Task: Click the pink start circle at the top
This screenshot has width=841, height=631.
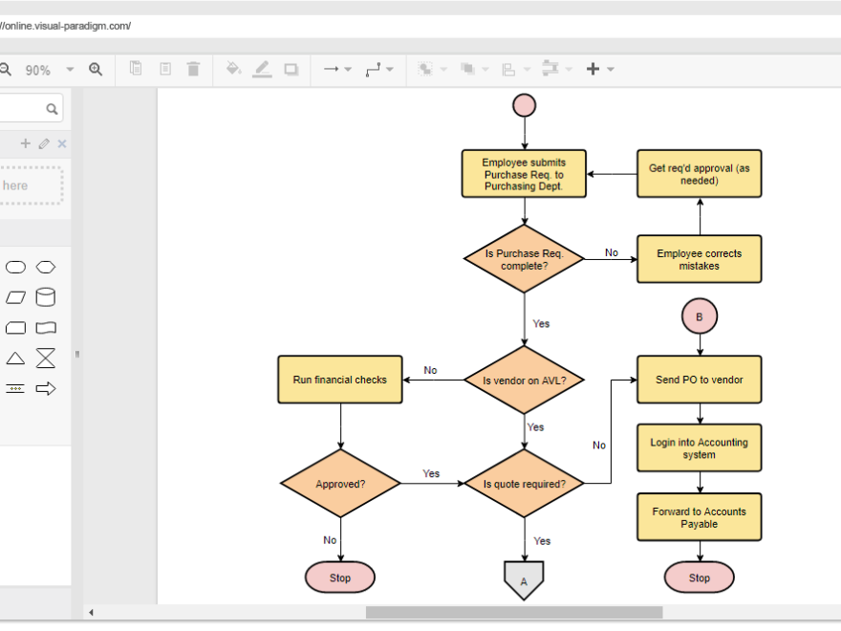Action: [524, 105]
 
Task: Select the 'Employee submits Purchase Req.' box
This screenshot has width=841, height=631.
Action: [524, 174]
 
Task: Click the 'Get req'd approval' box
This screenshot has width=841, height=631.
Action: [700, 174]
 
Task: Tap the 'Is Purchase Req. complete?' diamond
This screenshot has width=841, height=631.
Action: [524, 259]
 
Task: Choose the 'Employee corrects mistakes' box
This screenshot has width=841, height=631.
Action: [700, 259]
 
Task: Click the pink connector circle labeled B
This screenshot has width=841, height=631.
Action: [700, 316]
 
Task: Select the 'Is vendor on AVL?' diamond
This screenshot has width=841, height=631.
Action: [524, 380]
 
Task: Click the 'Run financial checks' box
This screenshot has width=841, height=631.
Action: [340, 380]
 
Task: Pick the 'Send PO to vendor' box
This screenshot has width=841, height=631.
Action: [700, 380]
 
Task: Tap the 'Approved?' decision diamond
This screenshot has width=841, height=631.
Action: [340, 484]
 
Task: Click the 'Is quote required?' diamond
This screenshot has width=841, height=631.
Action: [524, 484]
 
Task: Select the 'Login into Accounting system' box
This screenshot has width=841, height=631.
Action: [700, 448]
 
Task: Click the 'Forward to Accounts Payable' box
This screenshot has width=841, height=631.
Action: [700, 517]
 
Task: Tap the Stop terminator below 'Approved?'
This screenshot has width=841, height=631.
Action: [340, 577]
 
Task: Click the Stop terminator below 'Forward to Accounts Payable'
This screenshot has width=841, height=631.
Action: [700, 577]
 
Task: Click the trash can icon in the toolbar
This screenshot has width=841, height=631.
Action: [193, 69]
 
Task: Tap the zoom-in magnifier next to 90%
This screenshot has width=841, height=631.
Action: [96, 69]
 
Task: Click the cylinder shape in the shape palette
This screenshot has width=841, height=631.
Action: [46, 297]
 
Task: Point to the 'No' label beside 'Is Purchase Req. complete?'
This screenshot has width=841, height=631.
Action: [612, 253]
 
